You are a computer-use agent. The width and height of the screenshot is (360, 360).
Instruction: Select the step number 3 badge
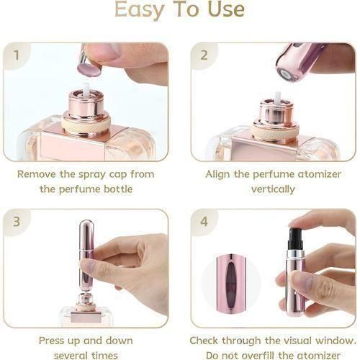pos(17,222)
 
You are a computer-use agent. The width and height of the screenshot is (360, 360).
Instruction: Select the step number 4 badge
pos(204,222)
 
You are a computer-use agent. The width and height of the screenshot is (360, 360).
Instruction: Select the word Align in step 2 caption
pos(220,174)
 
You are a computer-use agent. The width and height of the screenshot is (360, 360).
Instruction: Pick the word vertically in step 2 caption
pos(273,189)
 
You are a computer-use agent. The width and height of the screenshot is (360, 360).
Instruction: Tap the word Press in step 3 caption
pos(54,340)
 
